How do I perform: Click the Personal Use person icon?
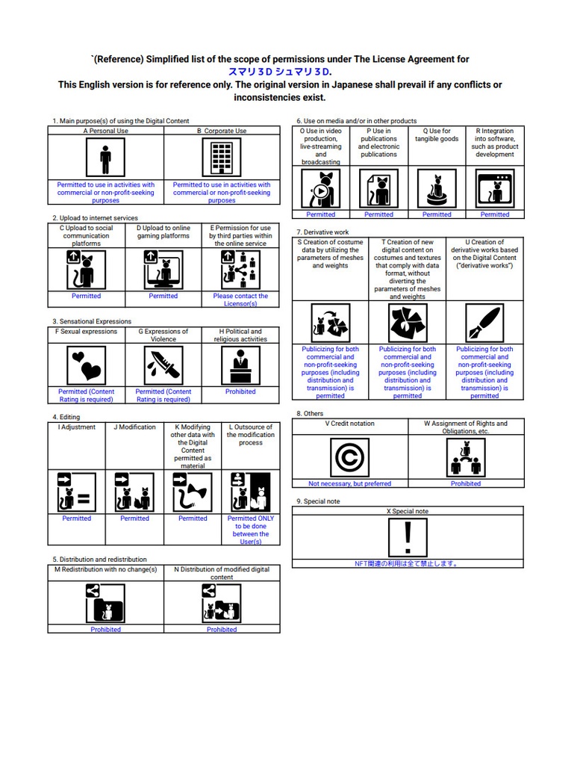[105, 158]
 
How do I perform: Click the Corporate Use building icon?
[222, 158]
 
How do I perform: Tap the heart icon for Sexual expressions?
[86, 365]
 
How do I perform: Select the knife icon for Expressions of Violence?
[163, 365]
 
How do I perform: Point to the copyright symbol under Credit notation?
[349, 456]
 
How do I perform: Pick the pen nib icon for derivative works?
[484, 323]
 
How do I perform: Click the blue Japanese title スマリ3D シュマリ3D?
[280, 72]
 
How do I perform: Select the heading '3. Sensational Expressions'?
[92, 321]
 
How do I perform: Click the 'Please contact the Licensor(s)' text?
[240, 300]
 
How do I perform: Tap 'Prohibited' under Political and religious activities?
[240, 391]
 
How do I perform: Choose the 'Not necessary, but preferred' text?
[349, 483]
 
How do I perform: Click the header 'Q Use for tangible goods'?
[437, 135]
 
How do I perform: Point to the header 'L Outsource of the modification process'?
[251, 435]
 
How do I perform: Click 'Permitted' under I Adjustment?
[76, 518]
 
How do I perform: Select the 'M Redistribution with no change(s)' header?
[105, 569]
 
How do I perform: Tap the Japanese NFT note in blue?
[408, 564]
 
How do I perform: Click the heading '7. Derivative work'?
[322, 232]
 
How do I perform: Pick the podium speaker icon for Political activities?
[240, 365]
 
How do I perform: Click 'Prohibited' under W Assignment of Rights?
[466, 483]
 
